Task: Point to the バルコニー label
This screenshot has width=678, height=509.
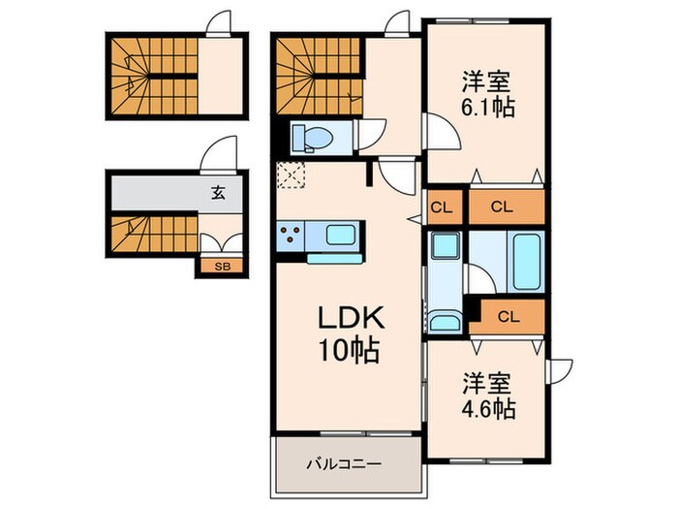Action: pyautogui.click(x=346, y=464)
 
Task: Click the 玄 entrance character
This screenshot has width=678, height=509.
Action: pyautogui.click(x=219, y=193)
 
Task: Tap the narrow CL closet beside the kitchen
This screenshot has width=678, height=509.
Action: pyautogui.click(x=441, y=207)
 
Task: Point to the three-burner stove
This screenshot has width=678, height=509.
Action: pyautogui.click(x=290, y=233)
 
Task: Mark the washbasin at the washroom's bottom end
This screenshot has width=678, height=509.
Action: pyautogui.click(x=445, y=321)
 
